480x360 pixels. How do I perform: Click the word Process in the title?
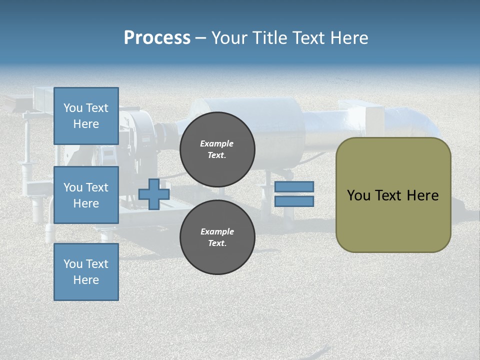pos(157,38)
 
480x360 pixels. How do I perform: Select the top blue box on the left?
pos(86,116)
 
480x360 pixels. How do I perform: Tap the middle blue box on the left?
pos(86,195)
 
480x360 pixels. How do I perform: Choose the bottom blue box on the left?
pos(86,272)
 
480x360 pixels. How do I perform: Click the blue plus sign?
pos(154,194)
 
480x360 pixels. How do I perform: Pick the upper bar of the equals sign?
pos(294,186)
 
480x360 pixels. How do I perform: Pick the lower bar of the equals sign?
pos(294,201)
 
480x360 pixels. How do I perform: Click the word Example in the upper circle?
pos(217,143)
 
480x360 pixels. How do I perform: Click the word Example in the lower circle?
pos(217,231)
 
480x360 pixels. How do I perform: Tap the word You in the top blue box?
pos(73,108)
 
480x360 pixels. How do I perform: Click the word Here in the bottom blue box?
pos(86,280)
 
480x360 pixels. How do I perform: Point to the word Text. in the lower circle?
pos(217,243)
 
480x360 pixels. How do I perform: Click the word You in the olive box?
pos(358,195)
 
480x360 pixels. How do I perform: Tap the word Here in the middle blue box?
pos(86,203)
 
